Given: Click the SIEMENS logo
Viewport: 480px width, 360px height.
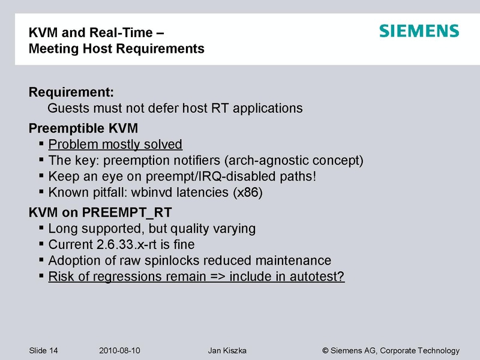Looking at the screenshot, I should [419, 31].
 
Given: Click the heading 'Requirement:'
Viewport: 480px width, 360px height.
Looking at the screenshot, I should [71, 93].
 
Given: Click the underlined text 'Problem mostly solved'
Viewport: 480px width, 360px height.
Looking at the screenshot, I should [115, 145].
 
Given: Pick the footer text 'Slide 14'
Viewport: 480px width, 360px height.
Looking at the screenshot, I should [46, 350].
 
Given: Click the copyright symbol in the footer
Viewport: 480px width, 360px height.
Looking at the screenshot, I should [326, 350].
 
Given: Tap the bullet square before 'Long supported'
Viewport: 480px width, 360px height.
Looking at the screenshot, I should [41, 229].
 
